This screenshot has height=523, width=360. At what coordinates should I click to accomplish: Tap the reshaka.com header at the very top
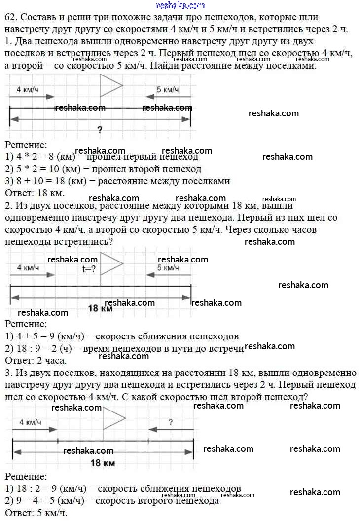pyautogui.click(x=180, y=5)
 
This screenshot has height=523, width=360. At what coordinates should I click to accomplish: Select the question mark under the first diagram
pyautogui.click(x=100, y=130)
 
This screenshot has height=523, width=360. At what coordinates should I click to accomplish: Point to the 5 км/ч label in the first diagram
pyautogui.click(x=168, y=90)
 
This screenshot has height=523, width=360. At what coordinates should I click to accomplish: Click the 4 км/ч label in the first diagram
pyautogui.click(x=28, y=90)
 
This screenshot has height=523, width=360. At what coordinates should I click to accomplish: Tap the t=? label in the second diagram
pyautogui.click(x=89, y=269)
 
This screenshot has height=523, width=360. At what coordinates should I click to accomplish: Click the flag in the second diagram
pyautogui.click(x=110, y=263)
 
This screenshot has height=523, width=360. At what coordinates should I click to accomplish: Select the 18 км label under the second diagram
pyautogui.click(x=100, y=308)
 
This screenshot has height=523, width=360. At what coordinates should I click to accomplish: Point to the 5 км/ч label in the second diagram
pyautogui.click(x=168, y=268)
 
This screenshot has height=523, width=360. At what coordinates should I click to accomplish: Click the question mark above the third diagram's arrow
pyautogui.click(x=171, y=422)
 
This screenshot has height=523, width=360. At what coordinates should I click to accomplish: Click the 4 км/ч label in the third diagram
pyautogui.click(x=30, y=423)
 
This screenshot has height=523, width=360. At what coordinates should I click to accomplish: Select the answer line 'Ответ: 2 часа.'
pyautogui.click(x=36, y=360)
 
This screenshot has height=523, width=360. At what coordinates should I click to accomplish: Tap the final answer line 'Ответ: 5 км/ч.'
pyautogui.click(x=36, y=513)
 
